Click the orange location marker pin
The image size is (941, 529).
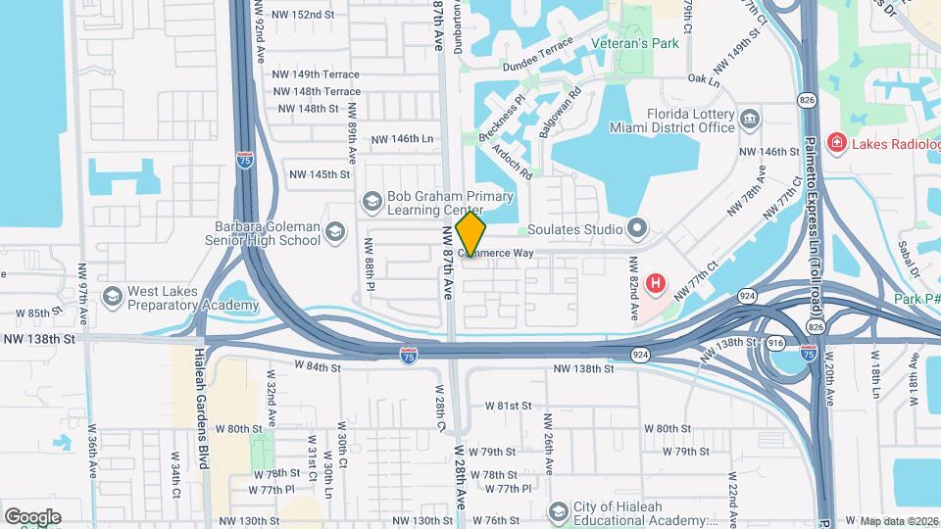coord(471,235)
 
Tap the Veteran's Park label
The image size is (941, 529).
coord(635,43)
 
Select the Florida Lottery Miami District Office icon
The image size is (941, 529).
coord(750,120)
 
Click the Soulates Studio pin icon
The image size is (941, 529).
coord(638,229)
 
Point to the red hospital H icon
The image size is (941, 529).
coord(656,285)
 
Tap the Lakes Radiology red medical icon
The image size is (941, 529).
coord(837,144)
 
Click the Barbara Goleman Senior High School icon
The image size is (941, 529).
coord(336,232)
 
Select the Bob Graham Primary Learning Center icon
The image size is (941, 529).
coord(371,202)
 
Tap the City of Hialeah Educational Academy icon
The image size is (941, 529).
coord(559,512)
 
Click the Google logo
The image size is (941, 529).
coord(32,516)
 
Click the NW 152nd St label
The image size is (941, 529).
coord(305,15)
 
